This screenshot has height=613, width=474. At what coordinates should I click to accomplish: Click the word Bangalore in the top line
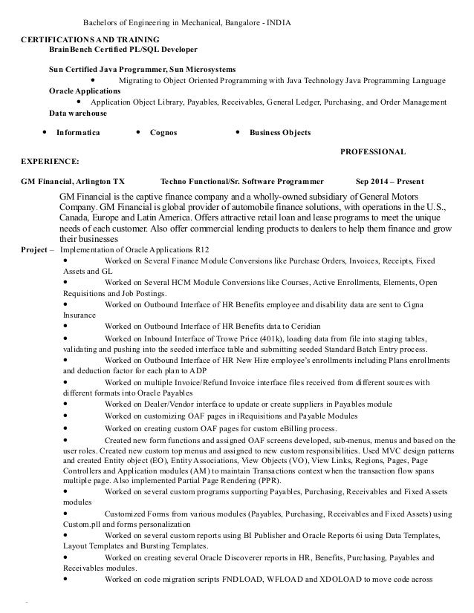point(244,22)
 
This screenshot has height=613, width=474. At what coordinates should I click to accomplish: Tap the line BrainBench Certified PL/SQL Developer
point(123,49)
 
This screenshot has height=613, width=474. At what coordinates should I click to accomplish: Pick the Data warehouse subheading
point(78,113)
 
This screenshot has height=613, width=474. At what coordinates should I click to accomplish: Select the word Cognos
point(163,133)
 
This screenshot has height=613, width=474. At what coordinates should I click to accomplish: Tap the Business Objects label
point(280,133)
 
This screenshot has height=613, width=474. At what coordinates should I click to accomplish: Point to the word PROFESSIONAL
point(372,151)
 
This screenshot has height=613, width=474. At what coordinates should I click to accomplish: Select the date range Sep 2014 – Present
point(390,180)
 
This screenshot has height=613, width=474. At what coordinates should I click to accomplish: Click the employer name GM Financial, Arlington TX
point(73,180)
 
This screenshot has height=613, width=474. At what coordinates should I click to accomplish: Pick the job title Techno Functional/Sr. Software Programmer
point(241,180)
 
